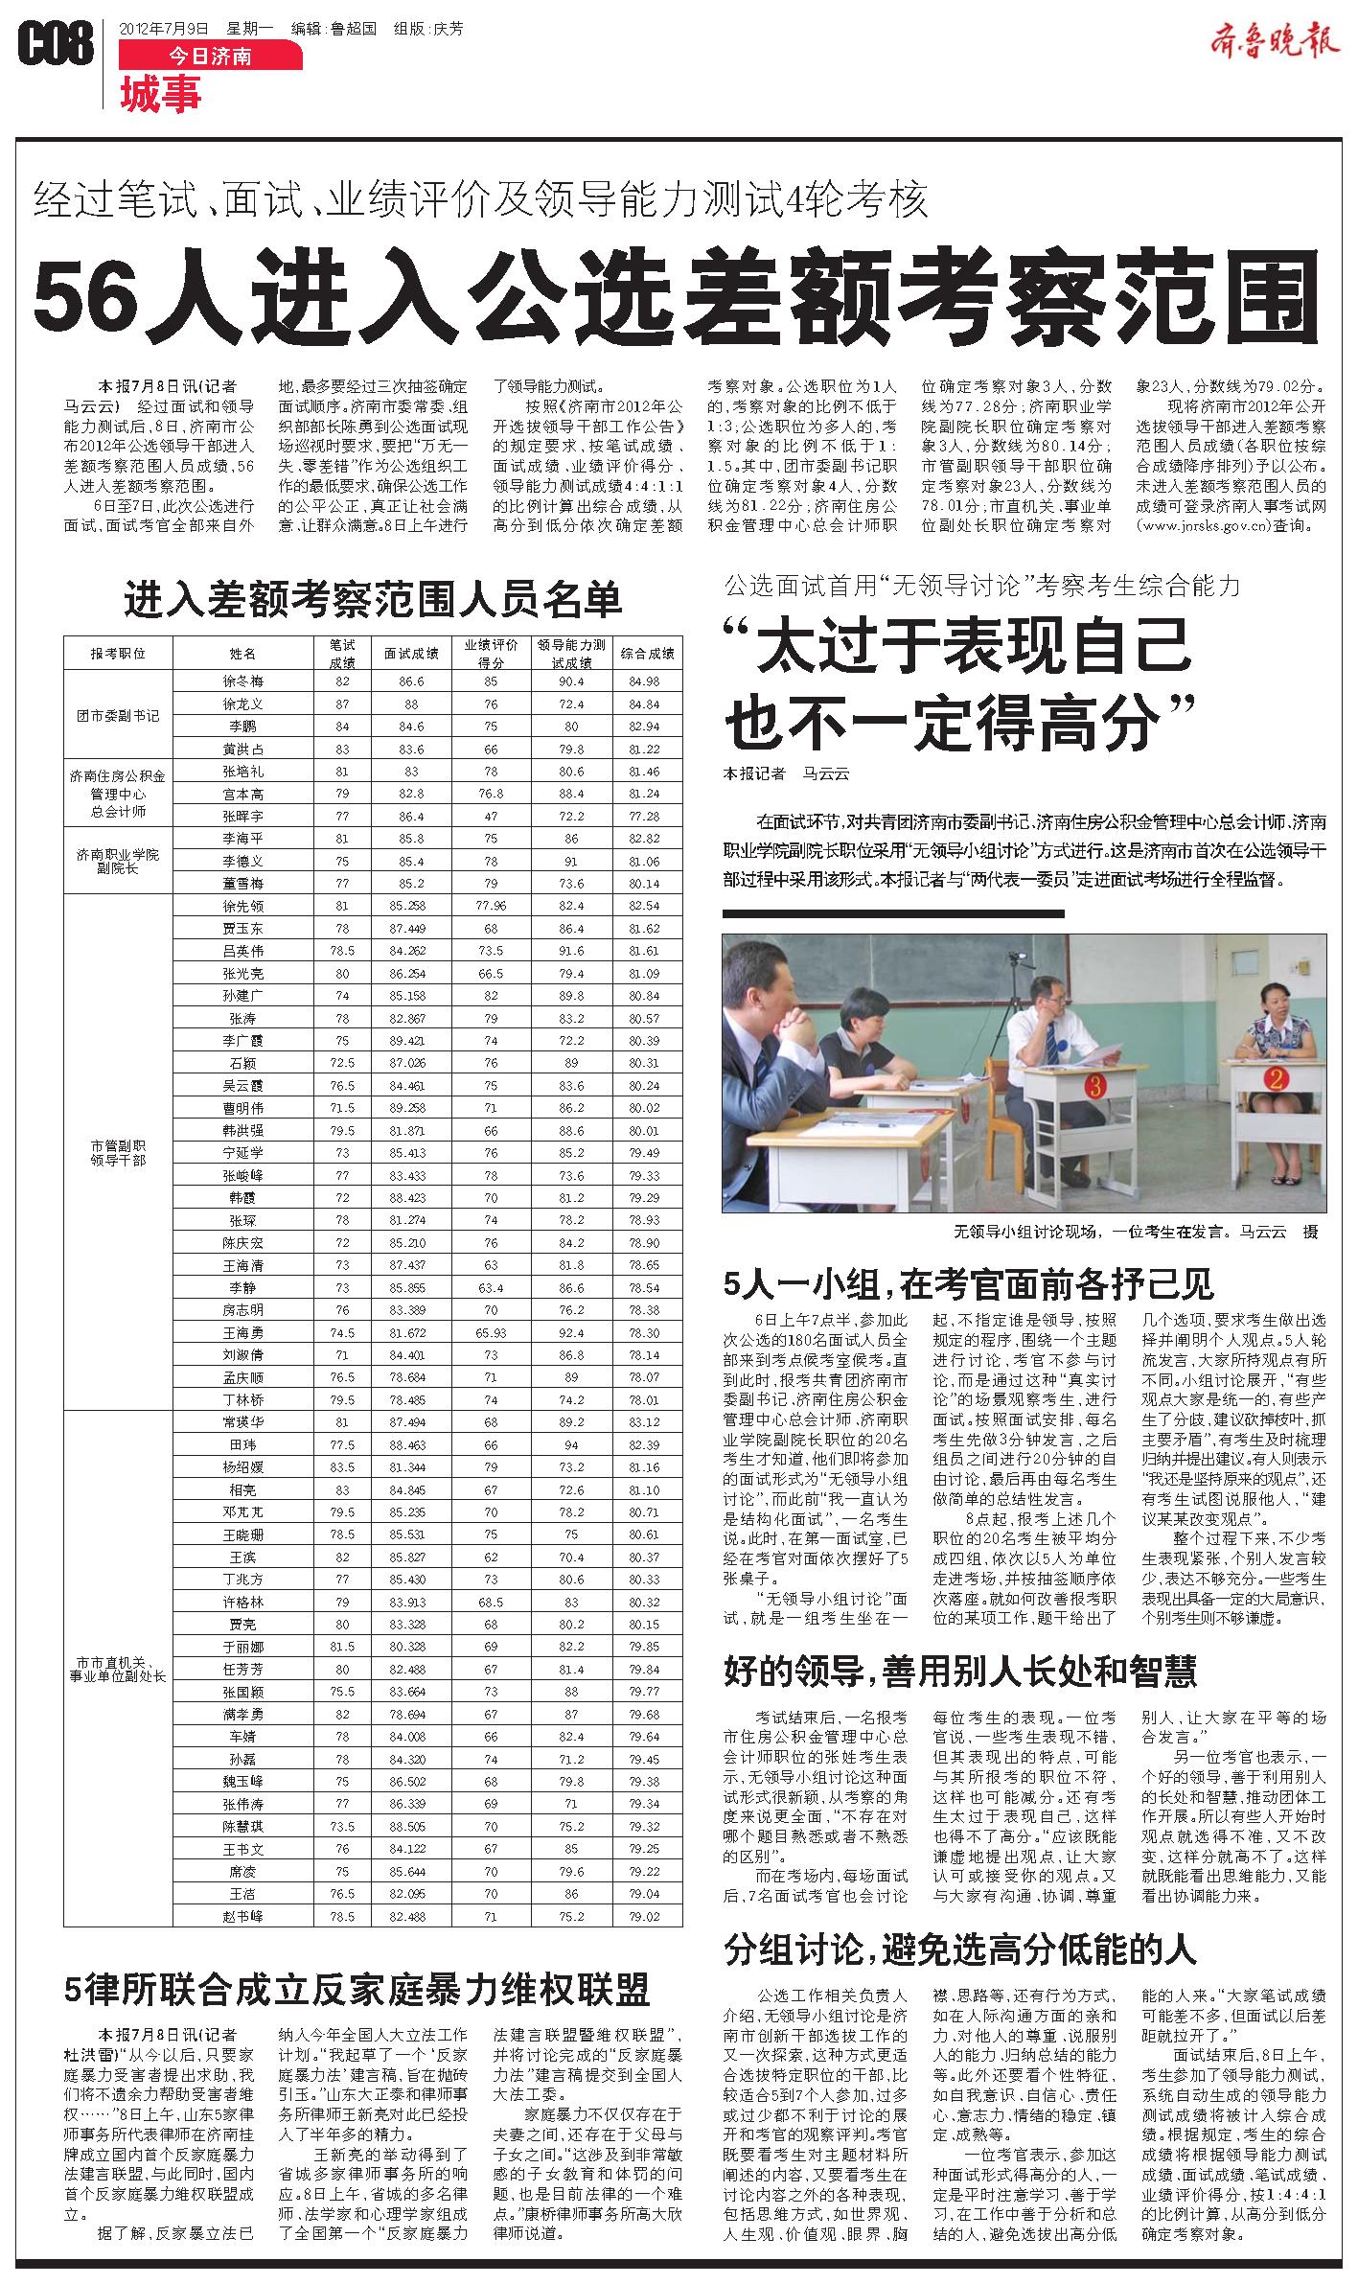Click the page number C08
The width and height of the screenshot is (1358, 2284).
[56, 44]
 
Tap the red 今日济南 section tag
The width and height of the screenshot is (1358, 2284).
[210, 57]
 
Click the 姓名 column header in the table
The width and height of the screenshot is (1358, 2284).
[242, 654]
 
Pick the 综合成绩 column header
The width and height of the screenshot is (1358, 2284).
[647, 654]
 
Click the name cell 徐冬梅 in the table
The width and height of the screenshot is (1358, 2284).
[242, 681]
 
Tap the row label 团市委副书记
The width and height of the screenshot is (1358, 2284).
[118, 715]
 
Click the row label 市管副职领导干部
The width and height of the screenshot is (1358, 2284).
[118, 1152]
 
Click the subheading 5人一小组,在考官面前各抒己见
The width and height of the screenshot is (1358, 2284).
[969, 1282]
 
